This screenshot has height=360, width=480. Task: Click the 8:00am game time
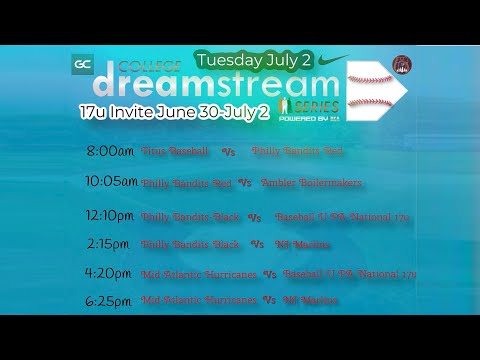pos(110,151)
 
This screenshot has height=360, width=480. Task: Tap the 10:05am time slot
pos(110,183)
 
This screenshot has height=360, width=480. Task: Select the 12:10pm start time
pos(110,215)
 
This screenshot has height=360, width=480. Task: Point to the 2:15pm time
pos(108,243)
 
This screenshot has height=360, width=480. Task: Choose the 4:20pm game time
pos(108,273)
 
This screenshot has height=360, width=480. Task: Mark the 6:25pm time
pos(108,300)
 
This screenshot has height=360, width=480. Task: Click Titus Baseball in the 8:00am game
pos(175,151)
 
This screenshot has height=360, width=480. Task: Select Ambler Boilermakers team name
pos(310,183)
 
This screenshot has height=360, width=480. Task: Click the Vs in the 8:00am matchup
pos(227,152)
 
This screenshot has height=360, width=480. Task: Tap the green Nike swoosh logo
pos(333,61)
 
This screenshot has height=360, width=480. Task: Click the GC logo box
pos(83,65)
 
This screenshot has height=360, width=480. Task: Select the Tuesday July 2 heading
pos(254,61)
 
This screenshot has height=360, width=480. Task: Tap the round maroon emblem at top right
pos(402,64)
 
